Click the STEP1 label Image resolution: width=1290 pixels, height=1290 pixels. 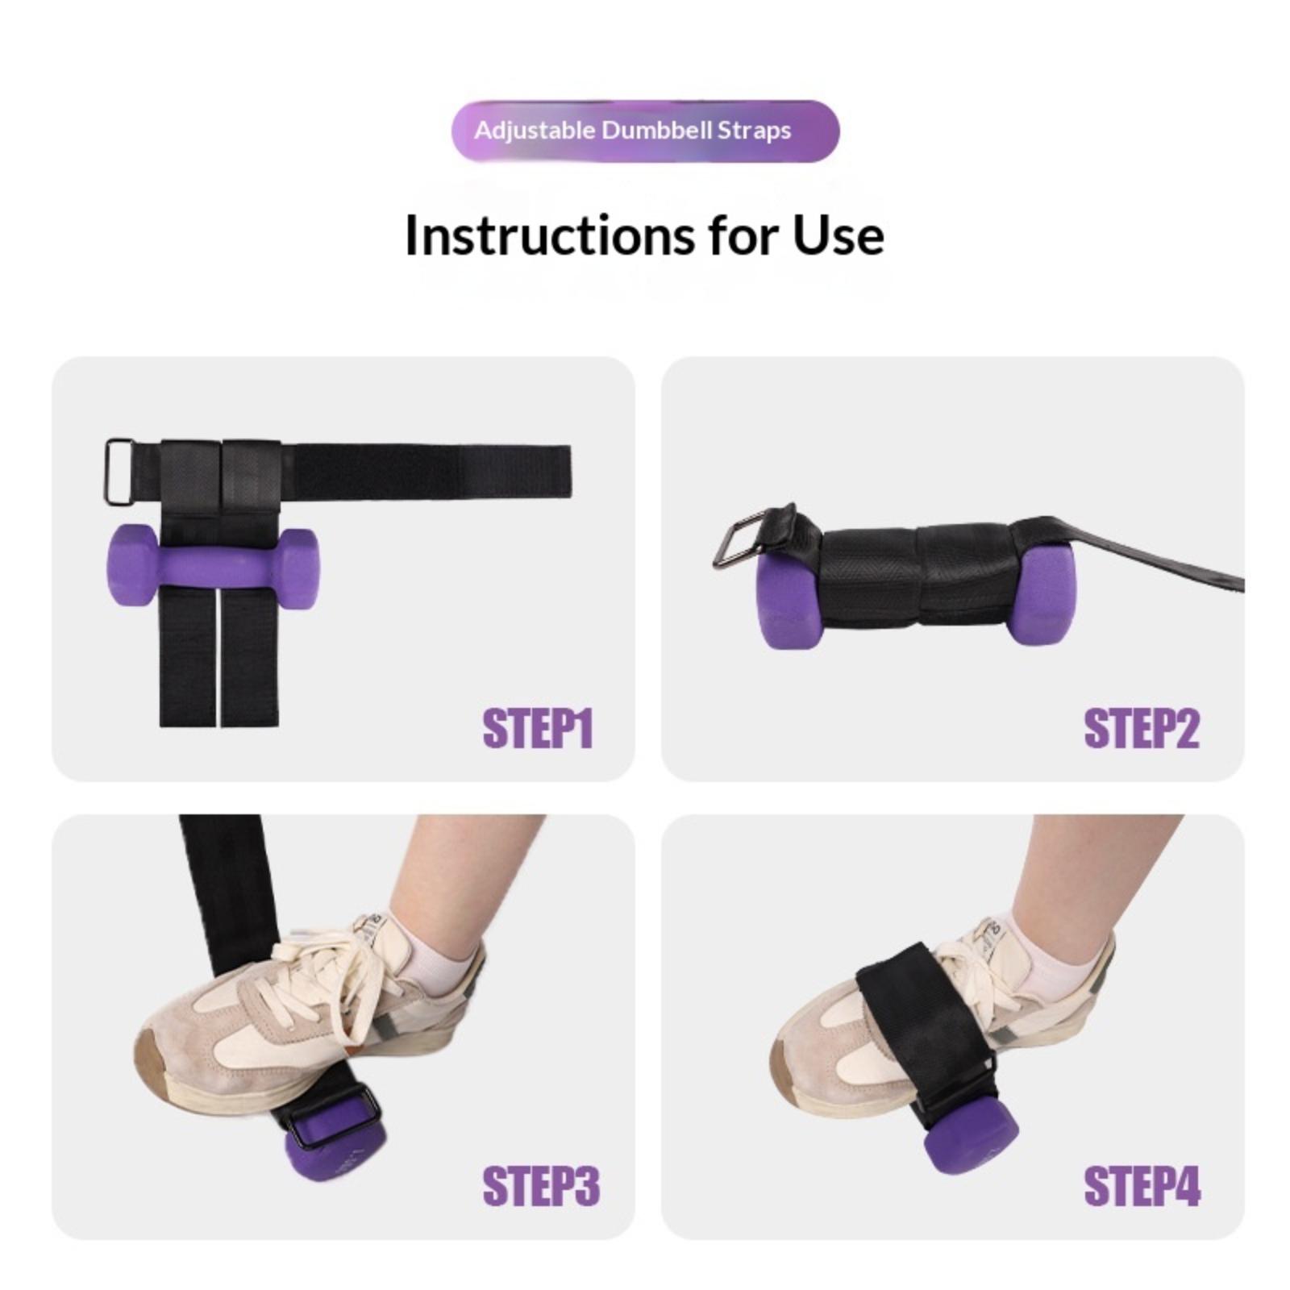(x=538, y=729)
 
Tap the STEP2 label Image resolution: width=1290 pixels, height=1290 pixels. (x=1142, y=729)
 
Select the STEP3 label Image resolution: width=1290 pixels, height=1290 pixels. (x=541, y=1186)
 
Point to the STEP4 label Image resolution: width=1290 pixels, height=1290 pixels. (x=1142, y=1186)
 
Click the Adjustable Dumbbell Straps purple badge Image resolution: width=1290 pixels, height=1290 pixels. (x=645, y=131)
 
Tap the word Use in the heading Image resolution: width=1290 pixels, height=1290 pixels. (x=838, y=236)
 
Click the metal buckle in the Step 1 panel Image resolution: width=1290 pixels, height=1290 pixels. (x=119, y=472)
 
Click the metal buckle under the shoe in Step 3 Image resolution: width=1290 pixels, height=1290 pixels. (x=334, y=1116)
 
